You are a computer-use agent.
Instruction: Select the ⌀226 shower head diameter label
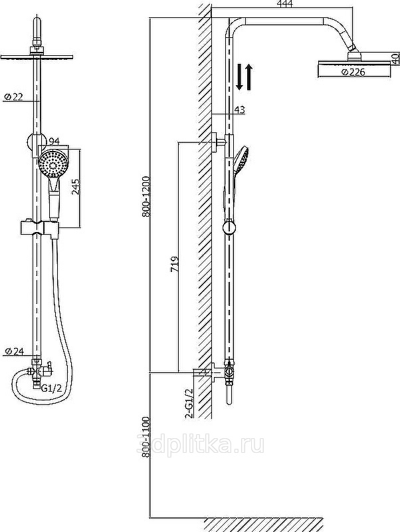353,72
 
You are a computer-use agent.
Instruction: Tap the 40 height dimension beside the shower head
395,59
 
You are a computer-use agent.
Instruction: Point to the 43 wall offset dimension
239,110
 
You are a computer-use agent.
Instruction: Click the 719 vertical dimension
175,263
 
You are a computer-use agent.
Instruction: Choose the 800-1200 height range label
146,196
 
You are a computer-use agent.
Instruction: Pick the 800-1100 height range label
146,438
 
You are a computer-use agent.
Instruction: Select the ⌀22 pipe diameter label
13,96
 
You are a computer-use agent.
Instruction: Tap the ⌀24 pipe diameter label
14,351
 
